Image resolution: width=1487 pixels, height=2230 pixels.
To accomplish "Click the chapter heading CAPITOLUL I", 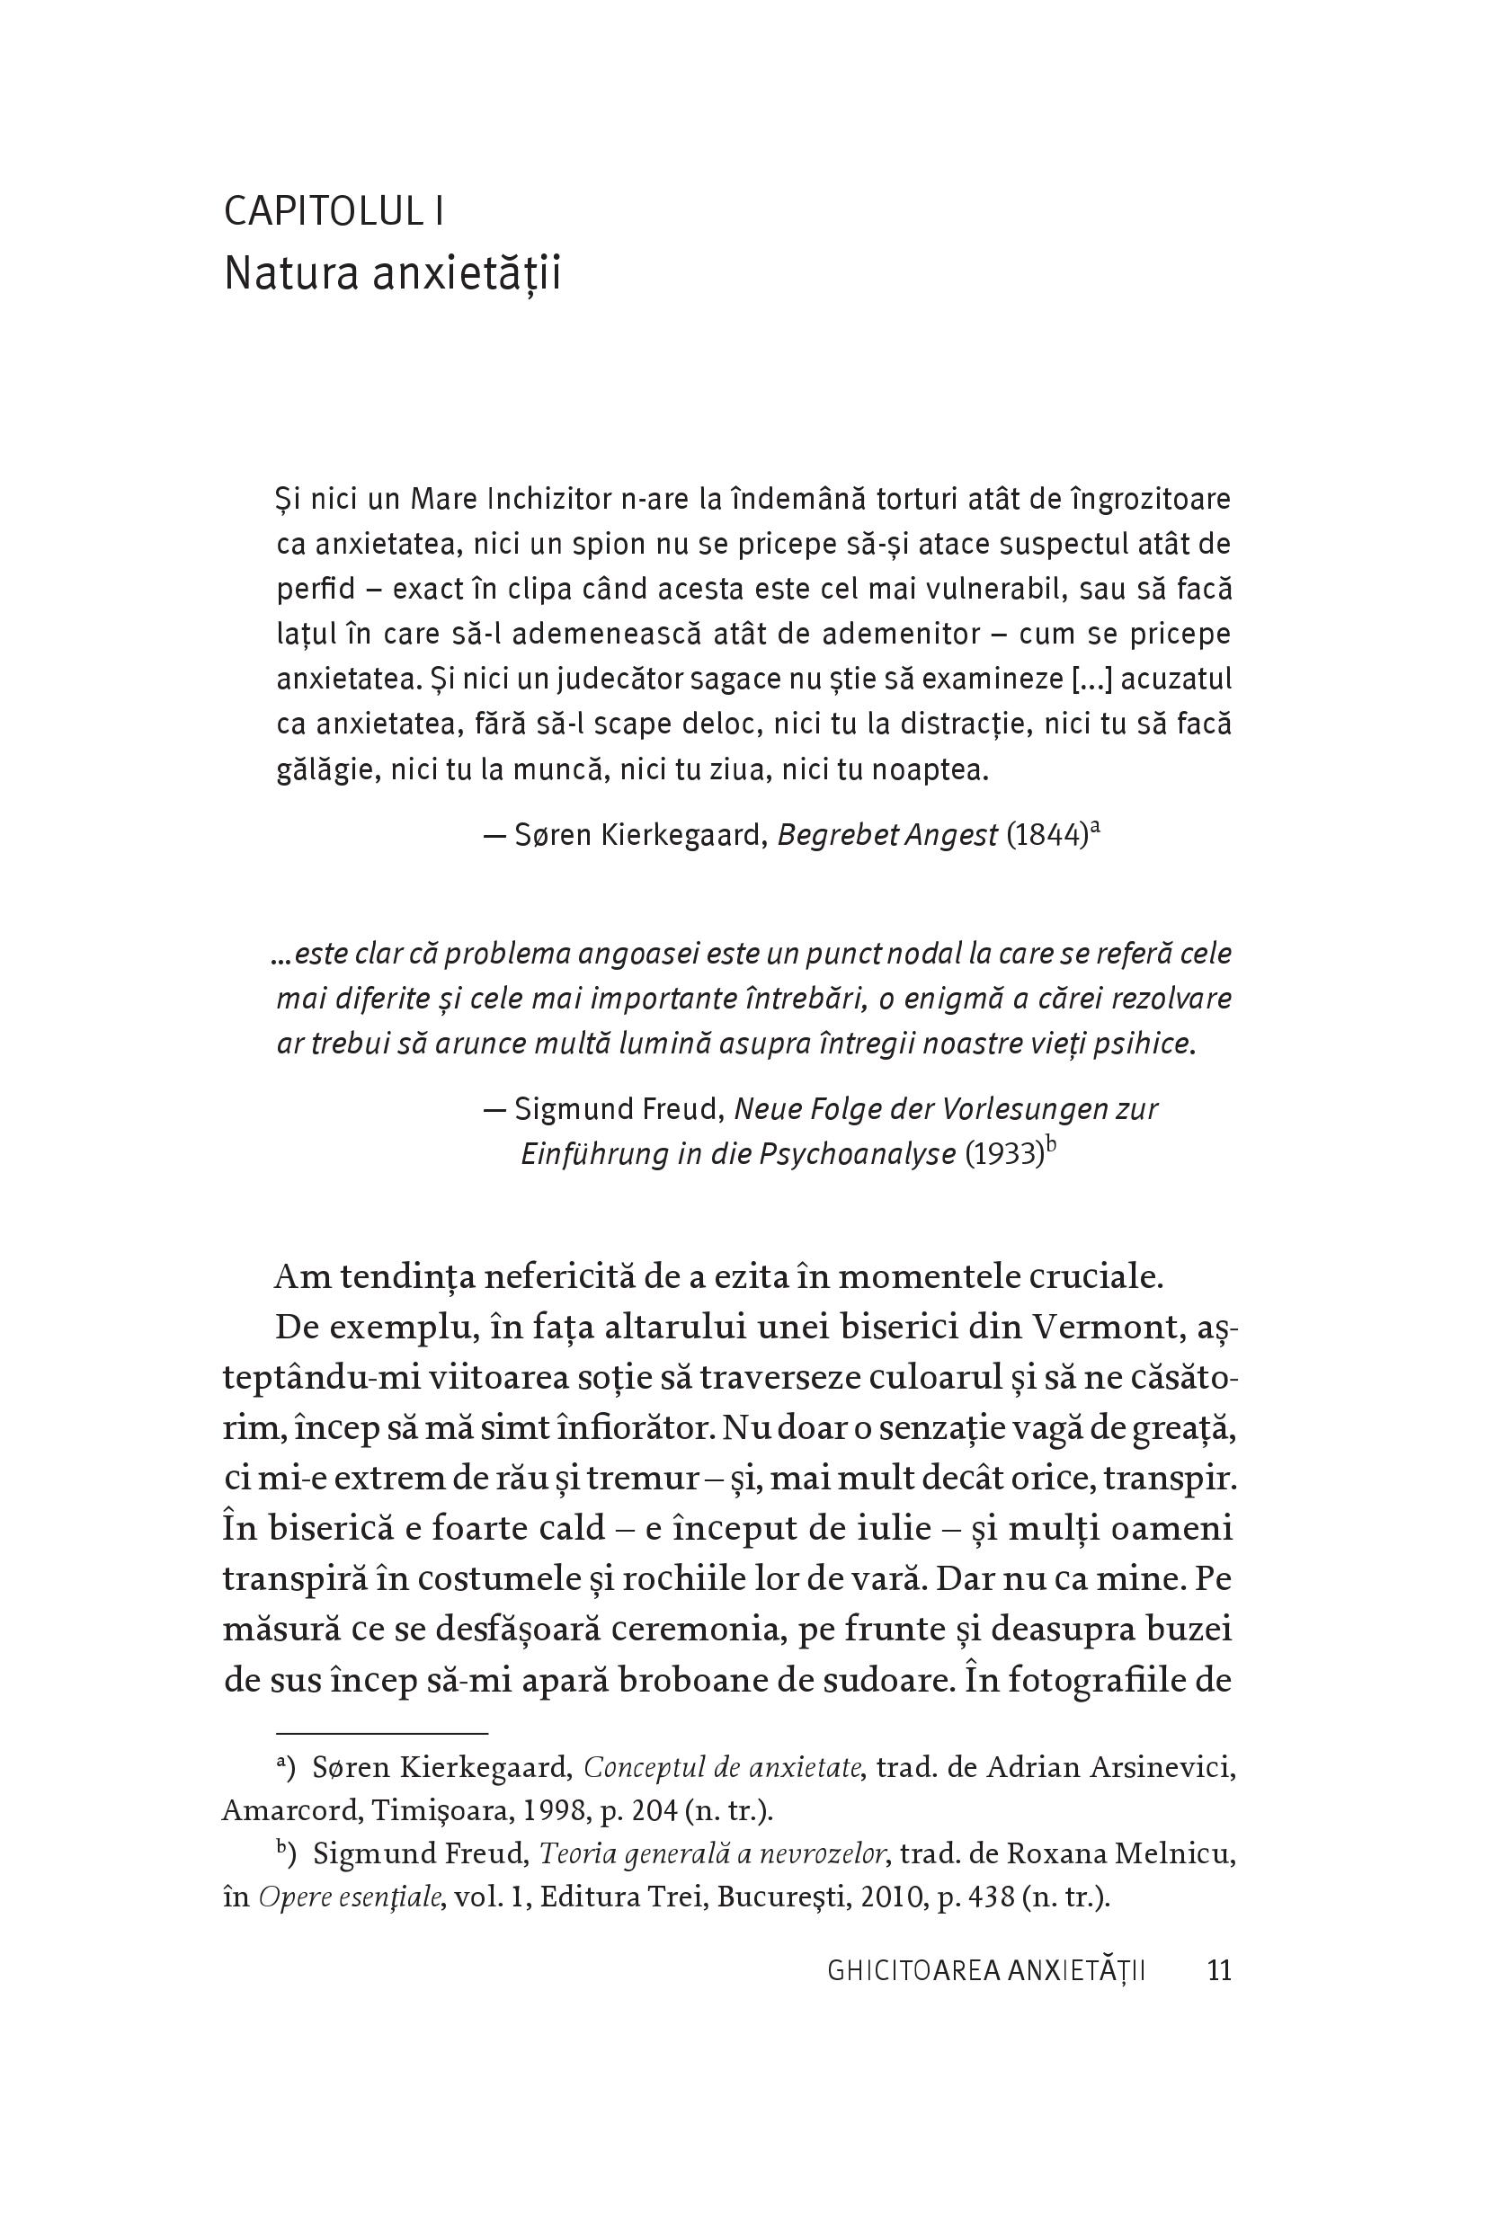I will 333,211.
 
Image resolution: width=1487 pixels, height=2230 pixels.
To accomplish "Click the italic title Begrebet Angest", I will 886,835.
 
